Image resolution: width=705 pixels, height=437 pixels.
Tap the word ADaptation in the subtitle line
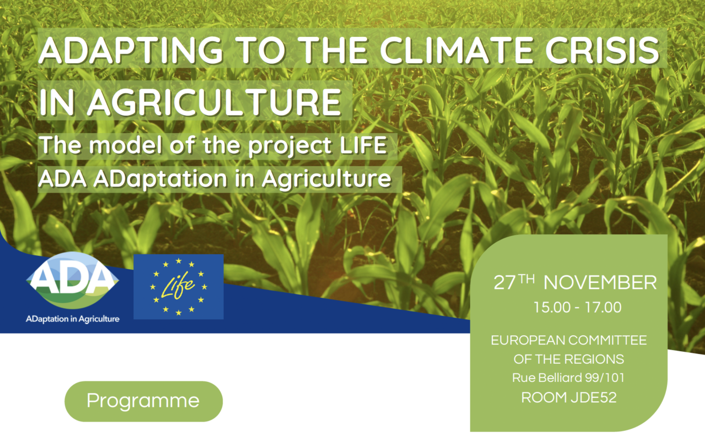[x=160, y=179]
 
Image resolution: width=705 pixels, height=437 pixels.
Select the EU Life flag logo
[x=178, y=287]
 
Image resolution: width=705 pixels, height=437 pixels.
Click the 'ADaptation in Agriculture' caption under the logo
[x=73, y=319]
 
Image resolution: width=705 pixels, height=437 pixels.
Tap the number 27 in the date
[x=505, y=283]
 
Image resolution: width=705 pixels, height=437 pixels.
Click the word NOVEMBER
[x=600, y=283]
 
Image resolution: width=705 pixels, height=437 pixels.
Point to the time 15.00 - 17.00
[x=578, y=307]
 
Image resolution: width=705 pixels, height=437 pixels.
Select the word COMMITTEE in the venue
[x=608, y=340]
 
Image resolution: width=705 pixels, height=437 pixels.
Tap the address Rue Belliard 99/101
[x=568, y=378]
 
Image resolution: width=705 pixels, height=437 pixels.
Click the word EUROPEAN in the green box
[x=528, y=340]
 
